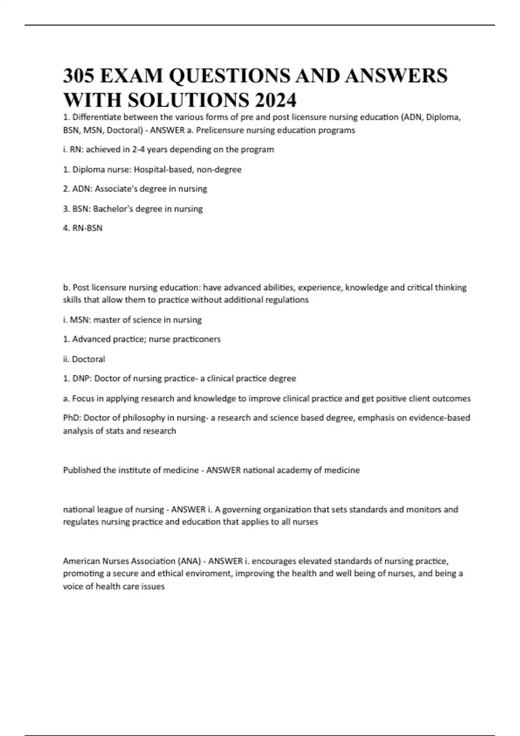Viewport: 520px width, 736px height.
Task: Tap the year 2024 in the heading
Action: click(275, 100)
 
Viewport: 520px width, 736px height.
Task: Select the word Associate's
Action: click(115, 189)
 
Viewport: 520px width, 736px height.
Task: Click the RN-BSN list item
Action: click(87, 228)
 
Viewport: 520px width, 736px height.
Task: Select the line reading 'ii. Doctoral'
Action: click(84, 359)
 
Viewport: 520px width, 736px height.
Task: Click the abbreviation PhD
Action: click(71, 418)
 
